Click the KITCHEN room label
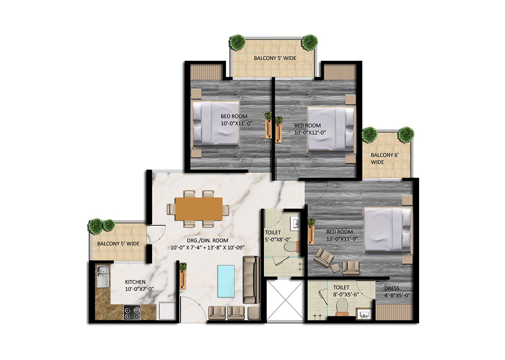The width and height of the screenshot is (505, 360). [135, 282]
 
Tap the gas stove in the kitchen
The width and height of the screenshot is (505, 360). [132, 312]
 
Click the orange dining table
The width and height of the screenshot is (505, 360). [199, 208]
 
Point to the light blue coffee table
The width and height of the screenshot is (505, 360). [226, 281]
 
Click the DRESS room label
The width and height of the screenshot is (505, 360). [392, 288]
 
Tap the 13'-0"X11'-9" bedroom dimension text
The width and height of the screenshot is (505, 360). [342, 239]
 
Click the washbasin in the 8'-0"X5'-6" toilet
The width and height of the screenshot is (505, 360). [364, 315]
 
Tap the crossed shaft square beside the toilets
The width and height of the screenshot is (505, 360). [285, 300]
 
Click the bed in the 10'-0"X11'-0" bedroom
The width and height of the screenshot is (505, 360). [215, 123]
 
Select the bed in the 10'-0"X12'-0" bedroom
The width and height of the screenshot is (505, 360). [331, 128]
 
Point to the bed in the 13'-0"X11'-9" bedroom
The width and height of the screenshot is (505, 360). [388, 229]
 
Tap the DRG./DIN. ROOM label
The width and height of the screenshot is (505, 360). [207, 240]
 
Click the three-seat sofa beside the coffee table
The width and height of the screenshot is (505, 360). [251, 280]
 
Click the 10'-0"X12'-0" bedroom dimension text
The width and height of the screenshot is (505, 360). [311, 133]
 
